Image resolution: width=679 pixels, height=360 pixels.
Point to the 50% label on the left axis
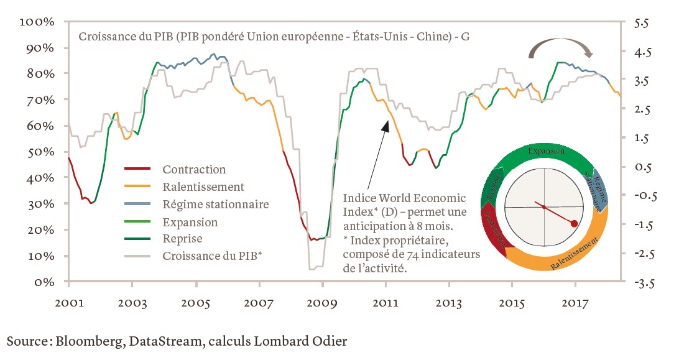coord(40,152)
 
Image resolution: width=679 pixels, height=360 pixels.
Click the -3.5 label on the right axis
coord(640,284)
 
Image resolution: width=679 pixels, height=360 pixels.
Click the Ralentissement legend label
coord(203,187)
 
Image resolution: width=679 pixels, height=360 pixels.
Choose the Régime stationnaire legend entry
coord(215,205)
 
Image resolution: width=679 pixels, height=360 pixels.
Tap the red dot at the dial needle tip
coord(575,224)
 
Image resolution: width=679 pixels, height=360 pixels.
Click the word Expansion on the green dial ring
coord(546,151)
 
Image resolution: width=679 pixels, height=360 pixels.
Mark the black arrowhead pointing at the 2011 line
coord(386,126)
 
